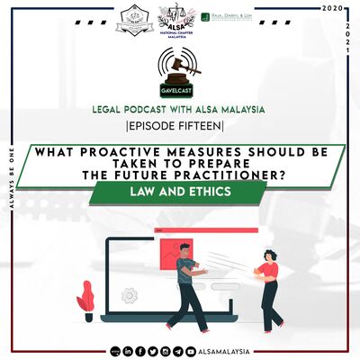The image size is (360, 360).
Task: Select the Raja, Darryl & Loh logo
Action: coord(238,18)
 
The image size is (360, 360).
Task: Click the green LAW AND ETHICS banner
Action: coord(180,192)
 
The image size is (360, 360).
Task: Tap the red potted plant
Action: coord(87,297)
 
